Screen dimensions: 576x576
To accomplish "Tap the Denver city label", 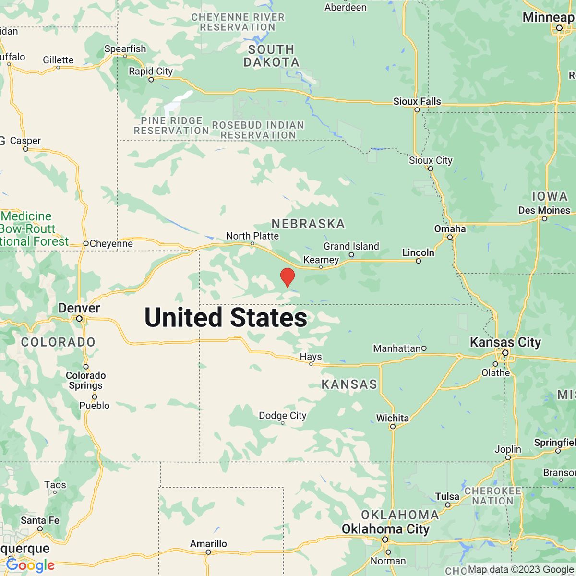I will tap(79, 308).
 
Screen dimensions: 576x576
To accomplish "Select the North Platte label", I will tap(252, 236).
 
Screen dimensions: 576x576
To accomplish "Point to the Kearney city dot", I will tap(321, 267).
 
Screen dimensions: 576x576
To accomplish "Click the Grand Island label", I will tap(351, 246).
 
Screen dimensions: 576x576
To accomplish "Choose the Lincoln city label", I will tap(418, 252).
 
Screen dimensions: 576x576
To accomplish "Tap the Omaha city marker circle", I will tap(450, 237).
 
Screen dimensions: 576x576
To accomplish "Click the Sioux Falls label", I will tap(417, 101).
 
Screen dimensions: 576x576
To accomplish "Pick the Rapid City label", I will tap(150, 72).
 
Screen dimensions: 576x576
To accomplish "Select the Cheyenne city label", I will tap(111, 244).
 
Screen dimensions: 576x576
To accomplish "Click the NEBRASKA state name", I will tap(308, 224).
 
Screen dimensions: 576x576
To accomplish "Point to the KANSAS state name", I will tap(349, 384).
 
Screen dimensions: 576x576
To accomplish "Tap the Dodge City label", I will tap(282, 415).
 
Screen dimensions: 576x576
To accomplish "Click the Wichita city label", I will tap(392, 418).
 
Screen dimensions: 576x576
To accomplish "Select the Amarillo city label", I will tap(208, 543).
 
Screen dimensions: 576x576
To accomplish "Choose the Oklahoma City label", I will tap(385, 529).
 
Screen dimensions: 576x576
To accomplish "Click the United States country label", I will tap(226, 318).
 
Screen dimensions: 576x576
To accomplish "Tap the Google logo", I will tap(30, 565).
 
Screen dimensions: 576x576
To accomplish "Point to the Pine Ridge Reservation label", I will tap(171, 126).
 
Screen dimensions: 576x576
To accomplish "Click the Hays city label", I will tap(311, 357).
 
